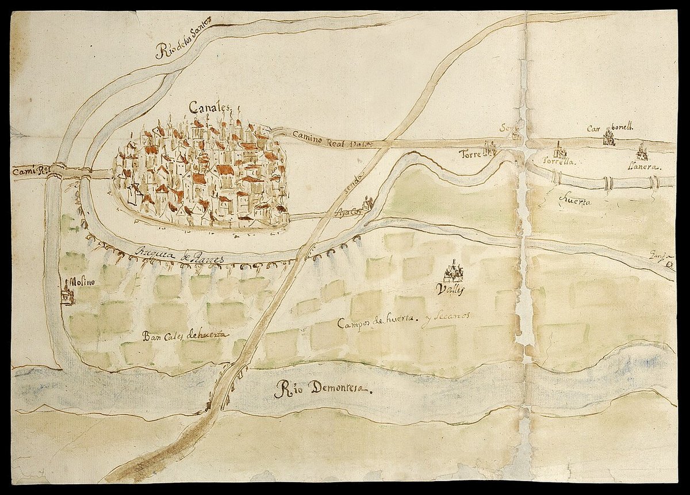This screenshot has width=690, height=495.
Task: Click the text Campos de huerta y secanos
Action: (x=404, y=321)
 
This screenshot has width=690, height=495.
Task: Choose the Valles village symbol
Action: (x=454, y=270)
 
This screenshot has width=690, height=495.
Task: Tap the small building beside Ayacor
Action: (x=367, y=203)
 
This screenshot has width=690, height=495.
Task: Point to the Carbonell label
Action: (x=609, y=129)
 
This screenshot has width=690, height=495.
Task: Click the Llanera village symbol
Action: (x=642, y=152)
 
